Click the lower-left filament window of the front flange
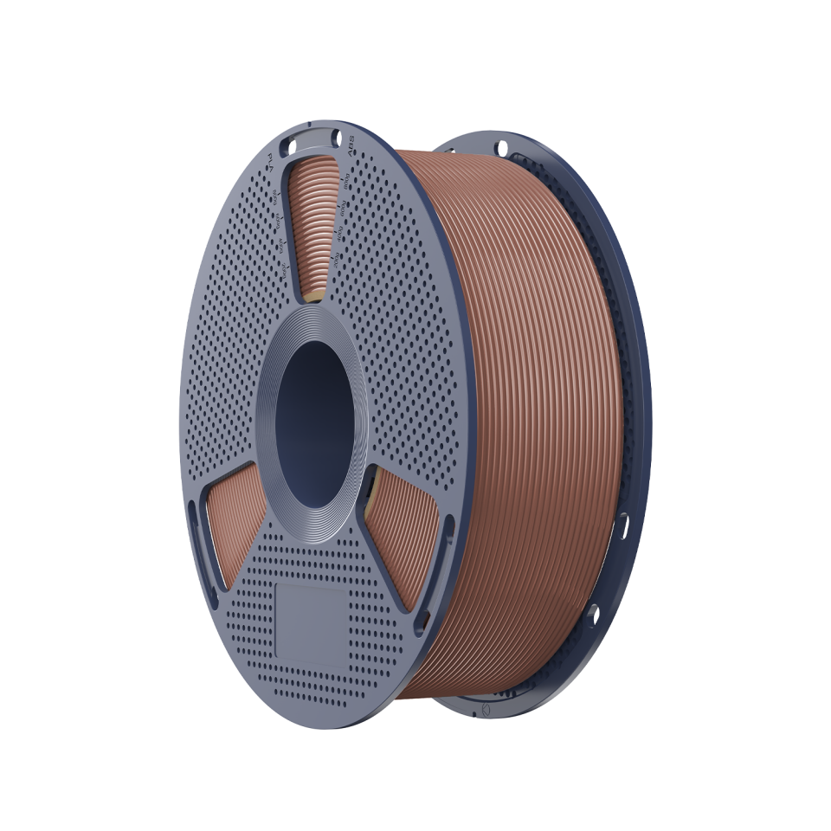click(x=232, y=528)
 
